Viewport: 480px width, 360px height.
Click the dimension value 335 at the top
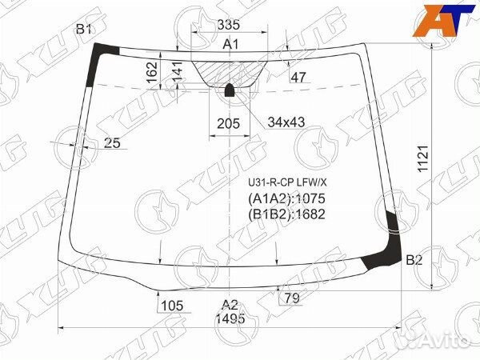(228, 25)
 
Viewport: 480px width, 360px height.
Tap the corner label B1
(83, 30)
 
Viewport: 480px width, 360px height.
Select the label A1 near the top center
(230, 45)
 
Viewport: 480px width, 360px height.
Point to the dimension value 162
(152, 72)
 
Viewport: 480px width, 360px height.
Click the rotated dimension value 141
(178, 72)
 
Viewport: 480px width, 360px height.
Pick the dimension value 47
(298, 77)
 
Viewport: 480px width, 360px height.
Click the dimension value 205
(228, 124)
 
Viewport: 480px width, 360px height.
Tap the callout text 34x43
(286, 122)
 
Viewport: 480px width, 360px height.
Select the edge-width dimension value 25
(112, 143)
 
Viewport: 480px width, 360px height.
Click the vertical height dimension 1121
(424, 158)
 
